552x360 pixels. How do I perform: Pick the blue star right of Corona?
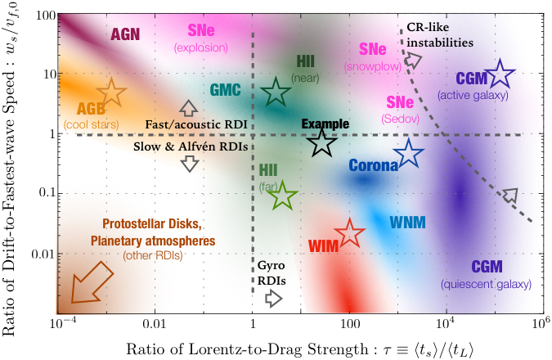(x=408, y=153)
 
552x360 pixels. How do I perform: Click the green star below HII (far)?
(x=283, y=196)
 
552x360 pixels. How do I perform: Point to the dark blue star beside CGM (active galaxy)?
(x=499, y=77)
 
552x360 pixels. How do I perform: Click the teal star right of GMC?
(x=276, y=93)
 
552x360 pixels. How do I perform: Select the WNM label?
(x=406, y=222)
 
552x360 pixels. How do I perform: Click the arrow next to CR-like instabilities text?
(x=414, y=60)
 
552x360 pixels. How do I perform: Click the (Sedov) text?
(x=398, y=119)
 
